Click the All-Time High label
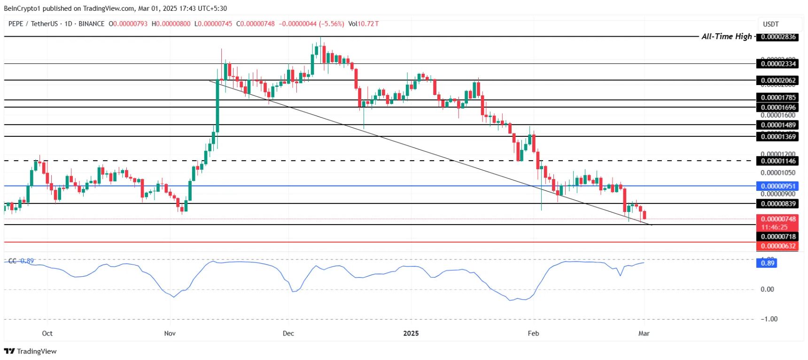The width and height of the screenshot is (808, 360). point(726,37)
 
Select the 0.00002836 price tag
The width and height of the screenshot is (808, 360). point(778,37)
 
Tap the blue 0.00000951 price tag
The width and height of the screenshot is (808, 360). point(778,186)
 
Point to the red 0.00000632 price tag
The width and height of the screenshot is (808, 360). point(778,246)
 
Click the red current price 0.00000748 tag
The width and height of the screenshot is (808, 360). point(778,219)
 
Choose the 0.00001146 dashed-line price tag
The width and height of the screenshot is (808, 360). point(778,161)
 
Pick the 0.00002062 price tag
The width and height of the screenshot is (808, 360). point(778,80)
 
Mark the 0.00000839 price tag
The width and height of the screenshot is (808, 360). point(778,204)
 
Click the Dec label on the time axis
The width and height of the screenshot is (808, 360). point(288,333)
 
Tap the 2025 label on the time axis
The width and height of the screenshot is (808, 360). point(411,333)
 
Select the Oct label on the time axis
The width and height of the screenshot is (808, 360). point(47,333)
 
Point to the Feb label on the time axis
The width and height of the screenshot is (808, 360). point(533,333)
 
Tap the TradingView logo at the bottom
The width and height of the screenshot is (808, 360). point(30,351)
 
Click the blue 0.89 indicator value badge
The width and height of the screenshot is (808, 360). point(768,263)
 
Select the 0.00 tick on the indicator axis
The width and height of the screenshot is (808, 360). point(767,290)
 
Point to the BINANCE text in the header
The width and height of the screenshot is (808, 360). point(92,23)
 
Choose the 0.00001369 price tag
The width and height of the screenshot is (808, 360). point(778,137)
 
